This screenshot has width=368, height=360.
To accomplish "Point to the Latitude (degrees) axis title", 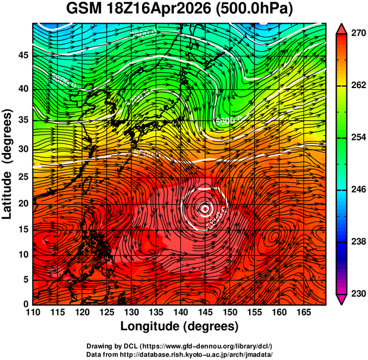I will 8,164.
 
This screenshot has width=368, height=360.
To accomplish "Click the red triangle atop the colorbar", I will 341,29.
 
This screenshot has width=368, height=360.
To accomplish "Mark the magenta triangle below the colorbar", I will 341,299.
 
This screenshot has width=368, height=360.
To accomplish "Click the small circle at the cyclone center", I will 205,208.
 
